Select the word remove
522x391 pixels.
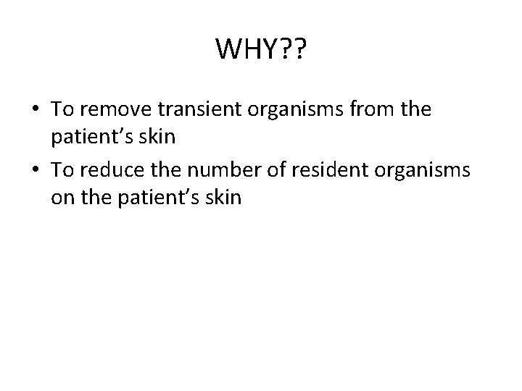click(x=111, y=109)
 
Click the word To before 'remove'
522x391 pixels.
click(x=63, y=109)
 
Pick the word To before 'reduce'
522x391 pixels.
click(x=63, y=170)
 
